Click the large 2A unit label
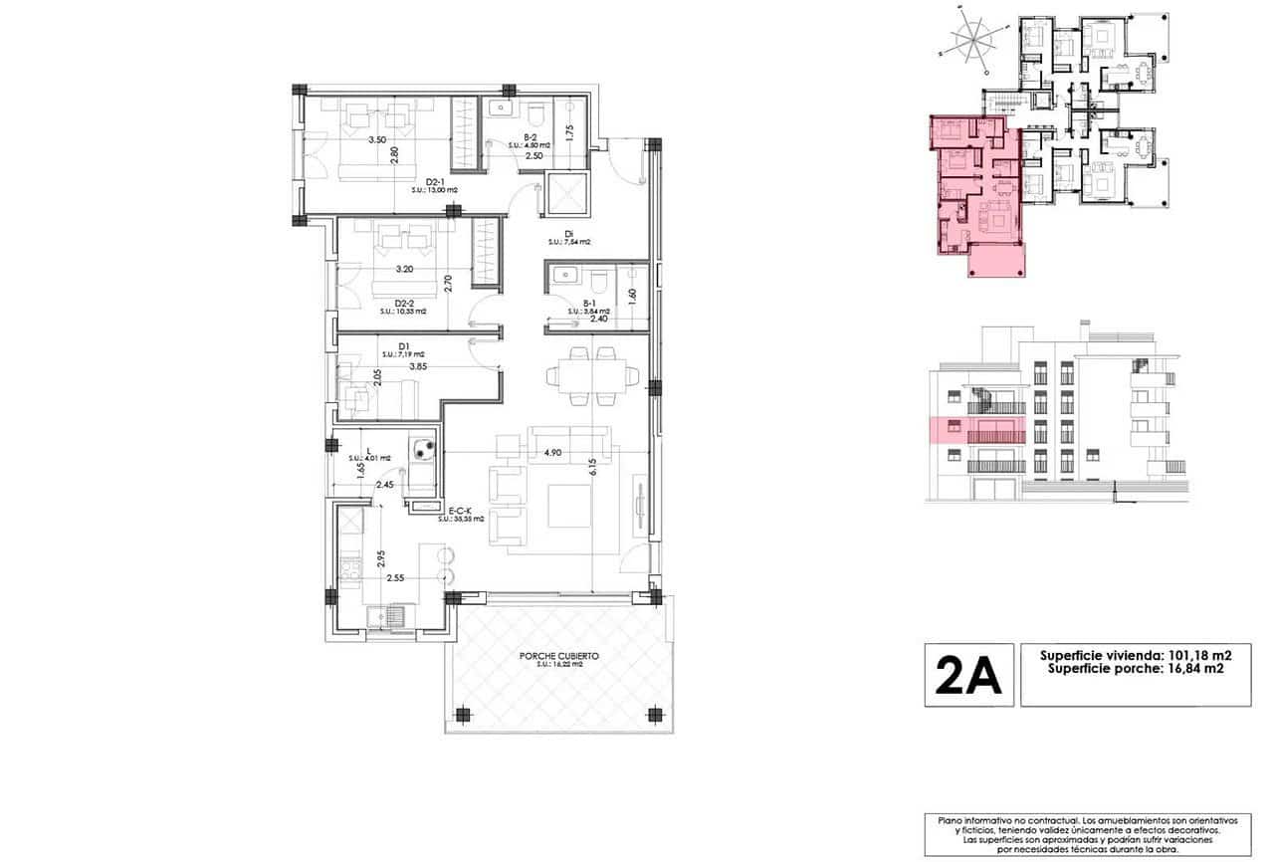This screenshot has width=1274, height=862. coord(968,676)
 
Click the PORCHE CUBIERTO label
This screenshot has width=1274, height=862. coord(558,657)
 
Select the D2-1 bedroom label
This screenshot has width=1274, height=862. coord(435,181)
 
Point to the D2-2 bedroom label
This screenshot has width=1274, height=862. coord(403,304)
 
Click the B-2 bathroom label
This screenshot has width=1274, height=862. coord(531,138)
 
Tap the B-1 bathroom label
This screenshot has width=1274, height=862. coord(589,304)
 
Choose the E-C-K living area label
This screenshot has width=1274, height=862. coord(460,510)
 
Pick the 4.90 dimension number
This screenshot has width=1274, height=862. coord(554,453)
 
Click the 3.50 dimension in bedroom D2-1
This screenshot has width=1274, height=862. coord(377,140)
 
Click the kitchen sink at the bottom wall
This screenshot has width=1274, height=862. coord(387,617)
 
